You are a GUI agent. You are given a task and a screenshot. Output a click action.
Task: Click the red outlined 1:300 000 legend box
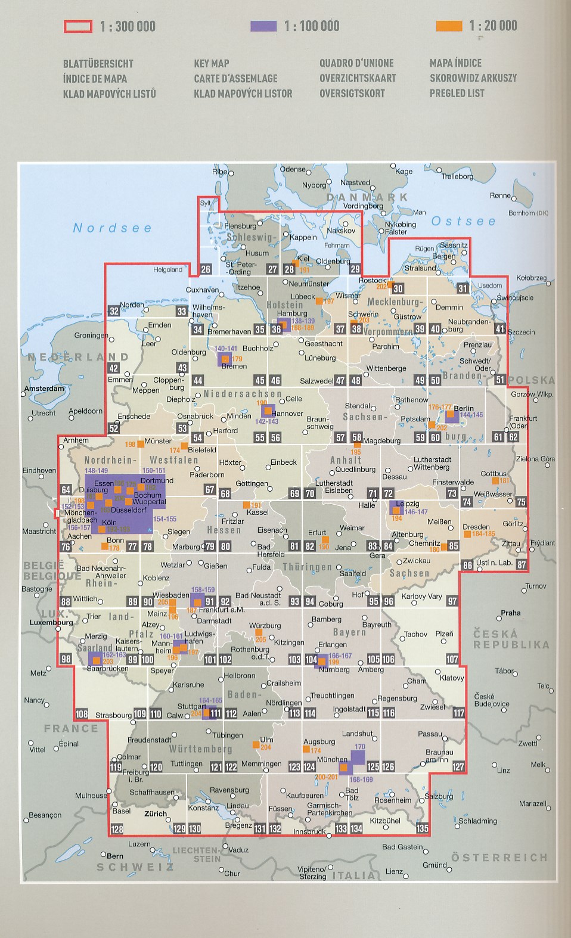[x=78, y=26]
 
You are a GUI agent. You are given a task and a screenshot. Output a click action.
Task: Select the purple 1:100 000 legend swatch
[x=263, y=26]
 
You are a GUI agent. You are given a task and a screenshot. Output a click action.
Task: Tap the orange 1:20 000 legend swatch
[x=449, y=26]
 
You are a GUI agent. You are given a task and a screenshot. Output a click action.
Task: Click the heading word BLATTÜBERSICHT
[x=98, y=64]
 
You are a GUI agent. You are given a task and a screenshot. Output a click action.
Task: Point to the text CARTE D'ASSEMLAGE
[x=235, y=78]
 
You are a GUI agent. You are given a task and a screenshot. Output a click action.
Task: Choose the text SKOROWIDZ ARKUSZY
[x=473, y=78]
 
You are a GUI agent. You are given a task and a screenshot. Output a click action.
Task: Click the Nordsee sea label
[x=112, y=228]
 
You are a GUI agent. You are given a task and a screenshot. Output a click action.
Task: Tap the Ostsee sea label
[x=463, y=221]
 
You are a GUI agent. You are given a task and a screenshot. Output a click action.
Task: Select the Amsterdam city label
[x=44, y=389]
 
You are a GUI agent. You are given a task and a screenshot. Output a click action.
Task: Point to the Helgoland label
[x=167, y=269]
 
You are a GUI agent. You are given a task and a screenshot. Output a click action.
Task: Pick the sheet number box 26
[x=206, y=269]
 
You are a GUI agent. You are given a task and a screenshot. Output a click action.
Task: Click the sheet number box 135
[x=422, y=828]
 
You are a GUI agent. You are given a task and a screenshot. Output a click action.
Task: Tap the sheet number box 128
[x=117, y=829]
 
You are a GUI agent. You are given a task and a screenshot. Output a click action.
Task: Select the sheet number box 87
[x=522, y=564]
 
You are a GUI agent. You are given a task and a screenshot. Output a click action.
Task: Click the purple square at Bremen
[x=224, y=358]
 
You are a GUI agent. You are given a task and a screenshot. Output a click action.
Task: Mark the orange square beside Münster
[x=141, y=444]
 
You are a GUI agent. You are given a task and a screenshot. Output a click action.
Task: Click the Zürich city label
[x=156, y=813]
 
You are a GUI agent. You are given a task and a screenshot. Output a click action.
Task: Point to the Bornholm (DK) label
[x=528, y=213]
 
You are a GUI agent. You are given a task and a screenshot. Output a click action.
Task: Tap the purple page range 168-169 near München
[x=361, y=779]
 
